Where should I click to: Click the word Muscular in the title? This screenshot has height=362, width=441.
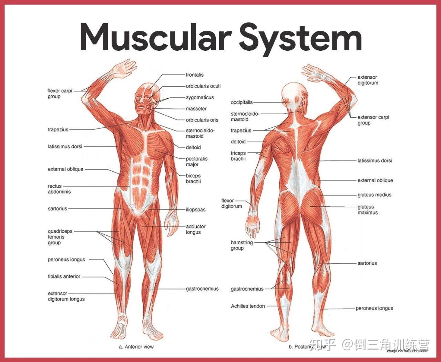tap(155, 37)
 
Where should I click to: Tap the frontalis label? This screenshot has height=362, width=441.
tap(195, 75)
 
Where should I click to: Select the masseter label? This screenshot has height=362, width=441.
tap(196, 109)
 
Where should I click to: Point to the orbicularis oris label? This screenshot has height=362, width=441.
tap(202, 120)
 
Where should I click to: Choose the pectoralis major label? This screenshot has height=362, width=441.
tap(196, 162)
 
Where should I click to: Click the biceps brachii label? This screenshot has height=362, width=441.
tap(193, 178)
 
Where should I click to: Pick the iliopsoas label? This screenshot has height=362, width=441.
tap(195, 209)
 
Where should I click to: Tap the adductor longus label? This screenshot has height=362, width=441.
tap(195, 229)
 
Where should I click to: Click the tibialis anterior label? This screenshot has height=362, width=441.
tap(64, 276)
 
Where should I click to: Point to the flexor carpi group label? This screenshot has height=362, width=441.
tap(60, 94)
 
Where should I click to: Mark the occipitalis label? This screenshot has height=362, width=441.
tap(242, 102)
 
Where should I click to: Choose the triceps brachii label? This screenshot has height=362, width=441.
tap(238, 156)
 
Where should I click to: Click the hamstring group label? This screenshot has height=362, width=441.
tap(242, 245)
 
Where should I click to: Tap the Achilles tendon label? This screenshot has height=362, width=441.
tap(248, 306)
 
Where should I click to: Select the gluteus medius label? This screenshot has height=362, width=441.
tap(374, 195)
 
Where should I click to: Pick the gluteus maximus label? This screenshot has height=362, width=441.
tap(367, 209)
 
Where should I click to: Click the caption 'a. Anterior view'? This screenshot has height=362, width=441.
tap(136, 346)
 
